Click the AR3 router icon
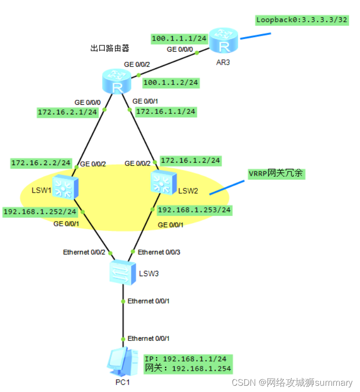click(223, 41)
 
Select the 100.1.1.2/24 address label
click(171, 83)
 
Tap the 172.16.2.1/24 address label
click(68, 112)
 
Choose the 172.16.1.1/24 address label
click(166, 112)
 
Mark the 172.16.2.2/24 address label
click(41, 164)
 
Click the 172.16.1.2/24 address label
click(190, 160)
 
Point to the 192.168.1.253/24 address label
click(194, 210)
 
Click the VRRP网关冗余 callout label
click(276, 173)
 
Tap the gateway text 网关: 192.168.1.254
click(188, 369)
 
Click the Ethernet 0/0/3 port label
click(160, 252)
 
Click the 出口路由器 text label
click(110, 48)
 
